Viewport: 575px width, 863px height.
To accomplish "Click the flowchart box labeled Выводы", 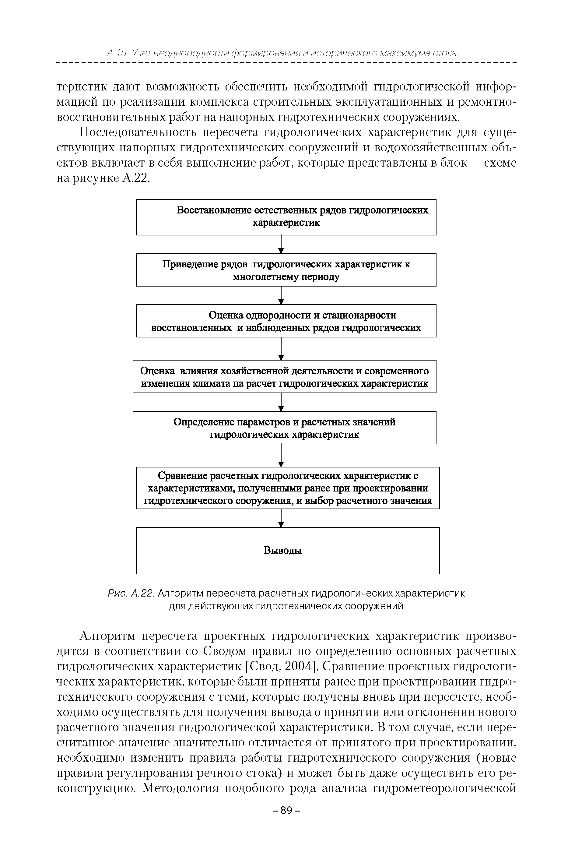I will [287, 550].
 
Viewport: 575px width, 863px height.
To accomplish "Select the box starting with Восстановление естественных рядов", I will [286, 217].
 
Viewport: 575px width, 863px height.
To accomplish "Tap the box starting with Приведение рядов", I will [286, 270].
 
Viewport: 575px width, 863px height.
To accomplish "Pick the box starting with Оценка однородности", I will [286, 321].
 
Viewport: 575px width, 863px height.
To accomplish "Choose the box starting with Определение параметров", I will [285, 428].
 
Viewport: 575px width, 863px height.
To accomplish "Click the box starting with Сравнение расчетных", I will [287, 488].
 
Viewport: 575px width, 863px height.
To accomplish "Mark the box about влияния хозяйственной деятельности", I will [285, 377].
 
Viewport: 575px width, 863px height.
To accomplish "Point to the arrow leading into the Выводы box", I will [281, 518].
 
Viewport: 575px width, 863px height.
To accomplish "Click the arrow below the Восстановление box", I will [281, 244].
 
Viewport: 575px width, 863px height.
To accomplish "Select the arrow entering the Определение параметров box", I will [281, 402].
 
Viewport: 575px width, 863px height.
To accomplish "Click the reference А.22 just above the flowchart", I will [136, 178].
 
